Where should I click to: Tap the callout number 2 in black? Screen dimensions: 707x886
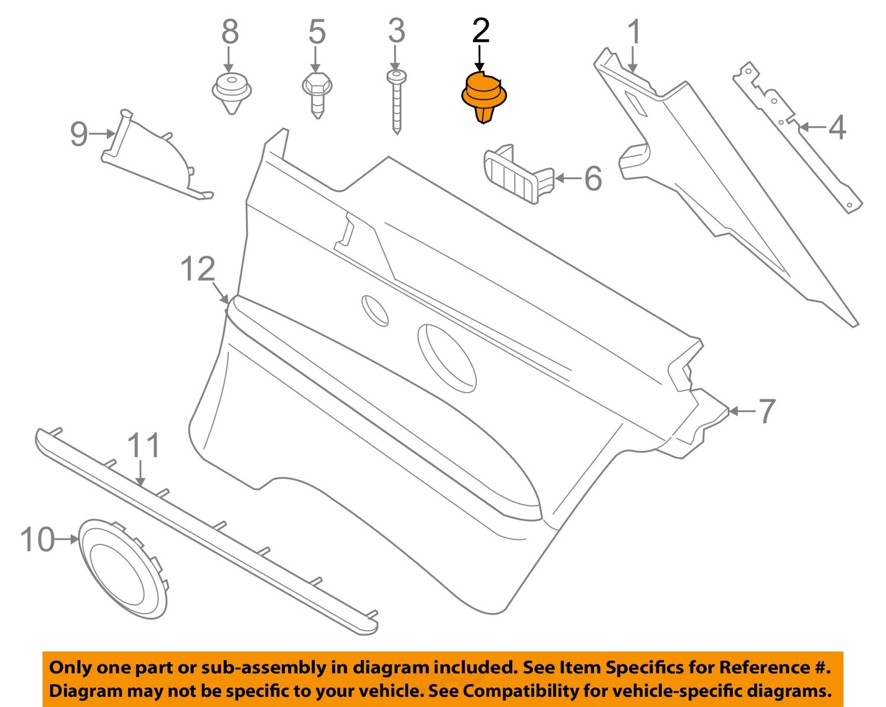tap(481, 31)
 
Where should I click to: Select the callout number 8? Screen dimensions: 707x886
tap(230, 32)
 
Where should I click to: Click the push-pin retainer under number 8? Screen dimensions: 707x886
tap(232, 92)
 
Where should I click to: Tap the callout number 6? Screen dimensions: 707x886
tap(592, 178)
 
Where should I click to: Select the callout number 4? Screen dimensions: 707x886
tap(836, 128)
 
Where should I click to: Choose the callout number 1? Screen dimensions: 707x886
tap(634, 32)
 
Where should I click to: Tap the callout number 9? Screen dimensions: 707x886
tap(79, 134)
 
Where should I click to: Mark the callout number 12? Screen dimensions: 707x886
tap(197, 269)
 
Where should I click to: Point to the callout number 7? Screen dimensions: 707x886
tap(766, 411)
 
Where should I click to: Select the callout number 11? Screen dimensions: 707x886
tap(144, 445)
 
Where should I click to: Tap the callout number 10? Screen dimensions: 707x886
tap(38, 539)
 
